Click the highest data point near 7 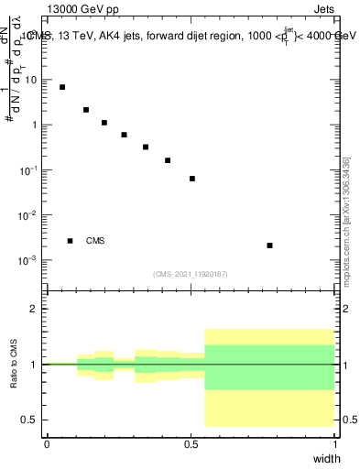point(62,87)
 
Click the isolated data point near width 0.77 point(269,245)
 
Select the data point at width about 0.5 point(192,179)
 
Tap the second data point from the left point(86,110)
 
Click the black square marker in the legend point(70,241)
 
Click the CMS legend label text point(95,241)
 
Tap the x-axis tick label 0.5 point(191,444)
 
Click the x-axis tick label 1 point(335,444)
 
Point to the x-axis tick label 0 point(47,444)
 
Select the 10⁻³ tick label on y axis point(29,260)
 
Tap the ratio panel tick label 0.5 point(30,420)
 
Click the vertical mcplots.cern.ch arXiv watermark point(345,220)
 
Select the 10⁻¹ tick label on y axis point(29,170)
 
